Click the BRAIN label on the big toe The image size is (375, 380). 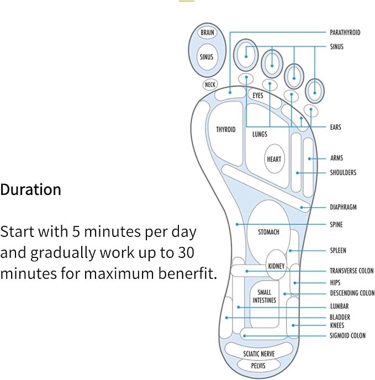click(207, 32)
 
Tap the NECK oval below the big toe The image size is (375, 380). click(210, 85)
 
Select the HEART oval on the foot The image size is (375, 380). click(274, 159)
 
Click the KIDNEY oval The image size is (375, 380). click(276, 265)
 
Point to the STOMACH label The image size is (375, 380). click(268, 232)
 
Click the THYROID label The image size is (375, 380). click(226, 129)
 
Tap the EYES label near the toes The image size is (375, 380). click(258, 96)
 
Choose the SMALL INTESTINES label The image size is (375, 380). click(264, 296)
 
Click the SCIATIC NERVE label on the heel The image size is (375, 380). click(259, 354)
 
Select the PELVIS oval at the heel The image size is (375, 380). click(258, 366)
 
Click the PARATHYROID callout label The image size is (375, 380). click(345, 33)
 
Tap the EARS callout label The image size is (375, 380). click(335, 127)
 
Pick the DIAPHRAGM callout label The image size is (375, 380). click(344, 207)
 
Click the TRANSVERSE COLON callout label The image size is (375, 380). click(352, 271)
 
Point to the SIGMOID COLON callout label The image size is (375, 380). click(347, 336)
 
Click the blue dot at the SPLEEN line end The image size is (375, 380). click(290, 251)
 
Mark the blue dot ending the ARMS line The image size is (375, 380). click(309, 159)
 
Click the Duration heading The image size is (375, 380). click(30, 189)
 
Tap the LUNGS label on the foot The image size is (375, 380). click(260, 134)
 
